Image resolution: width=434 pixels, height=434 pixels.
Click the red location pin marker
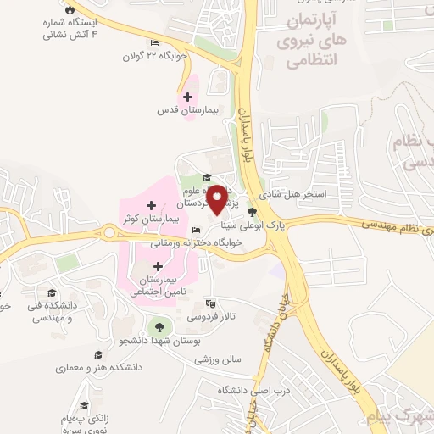218,199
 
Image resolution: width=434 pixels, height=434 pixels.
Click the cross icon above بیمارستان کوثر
151,205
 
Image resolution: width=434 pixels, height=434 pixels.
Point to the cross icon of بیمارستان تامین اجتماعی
158,266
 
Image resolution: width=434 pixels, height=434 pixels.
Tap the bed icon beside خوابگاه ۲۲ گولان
154,43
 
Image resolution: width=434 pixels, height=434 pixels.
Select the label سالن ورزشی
219,359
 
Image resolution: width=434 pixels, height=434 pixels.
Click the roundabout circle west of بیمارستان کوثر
108,232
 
